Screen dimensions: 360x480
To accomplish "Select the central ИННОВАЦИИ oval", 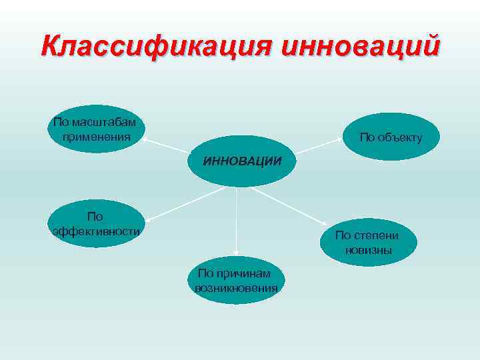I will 240,161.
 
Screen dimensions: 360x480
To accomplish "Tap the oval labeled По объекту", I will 390,137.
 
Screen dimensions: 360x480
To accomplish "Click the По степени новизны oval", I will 368,243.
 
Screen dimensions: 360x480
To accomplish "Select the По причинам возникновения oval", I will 237,281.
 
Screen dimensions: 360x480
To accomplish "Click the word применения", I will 95,136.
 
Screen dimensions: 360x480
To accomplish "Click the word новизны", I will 368,250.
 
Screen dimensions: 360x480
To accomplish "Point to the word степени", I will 376,235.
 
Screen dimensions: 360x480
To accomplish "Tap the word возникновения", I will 236,287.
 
